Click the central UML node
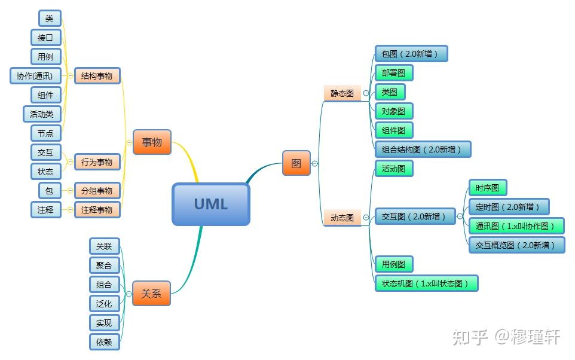(x=211, y=204)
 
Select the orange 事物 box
(x=152, y=142)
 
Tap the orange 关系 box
(x=151, y=294)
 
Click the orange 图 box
(x=296, y=163)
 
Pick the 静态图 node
(x=342, y=93)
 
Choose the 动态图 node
(x=342, y=218)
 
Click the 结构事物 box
(x=97, y=76)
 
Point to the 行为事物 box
(x=97, y=162)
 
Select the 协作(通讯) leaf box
(x=35, y=76)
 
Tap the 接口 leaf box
(x=46, y=38)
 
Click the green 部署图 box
(x=394, y=73)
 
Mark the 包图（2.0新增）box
(x=411, y=54)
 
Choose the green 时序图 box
(x=488, y=188)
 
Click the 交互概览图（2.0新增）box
(x=516, y=245)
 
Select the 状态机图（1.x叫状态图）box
(x=427, y=283)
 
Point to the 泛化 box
(x=104, y=304)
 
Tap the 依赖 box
(x=104, y=341)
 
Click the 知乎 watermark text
(x=471, y=337)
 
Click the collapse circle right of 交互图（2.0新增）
(x=460, y=216)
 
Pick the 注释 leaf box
(x=46, y=210)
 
